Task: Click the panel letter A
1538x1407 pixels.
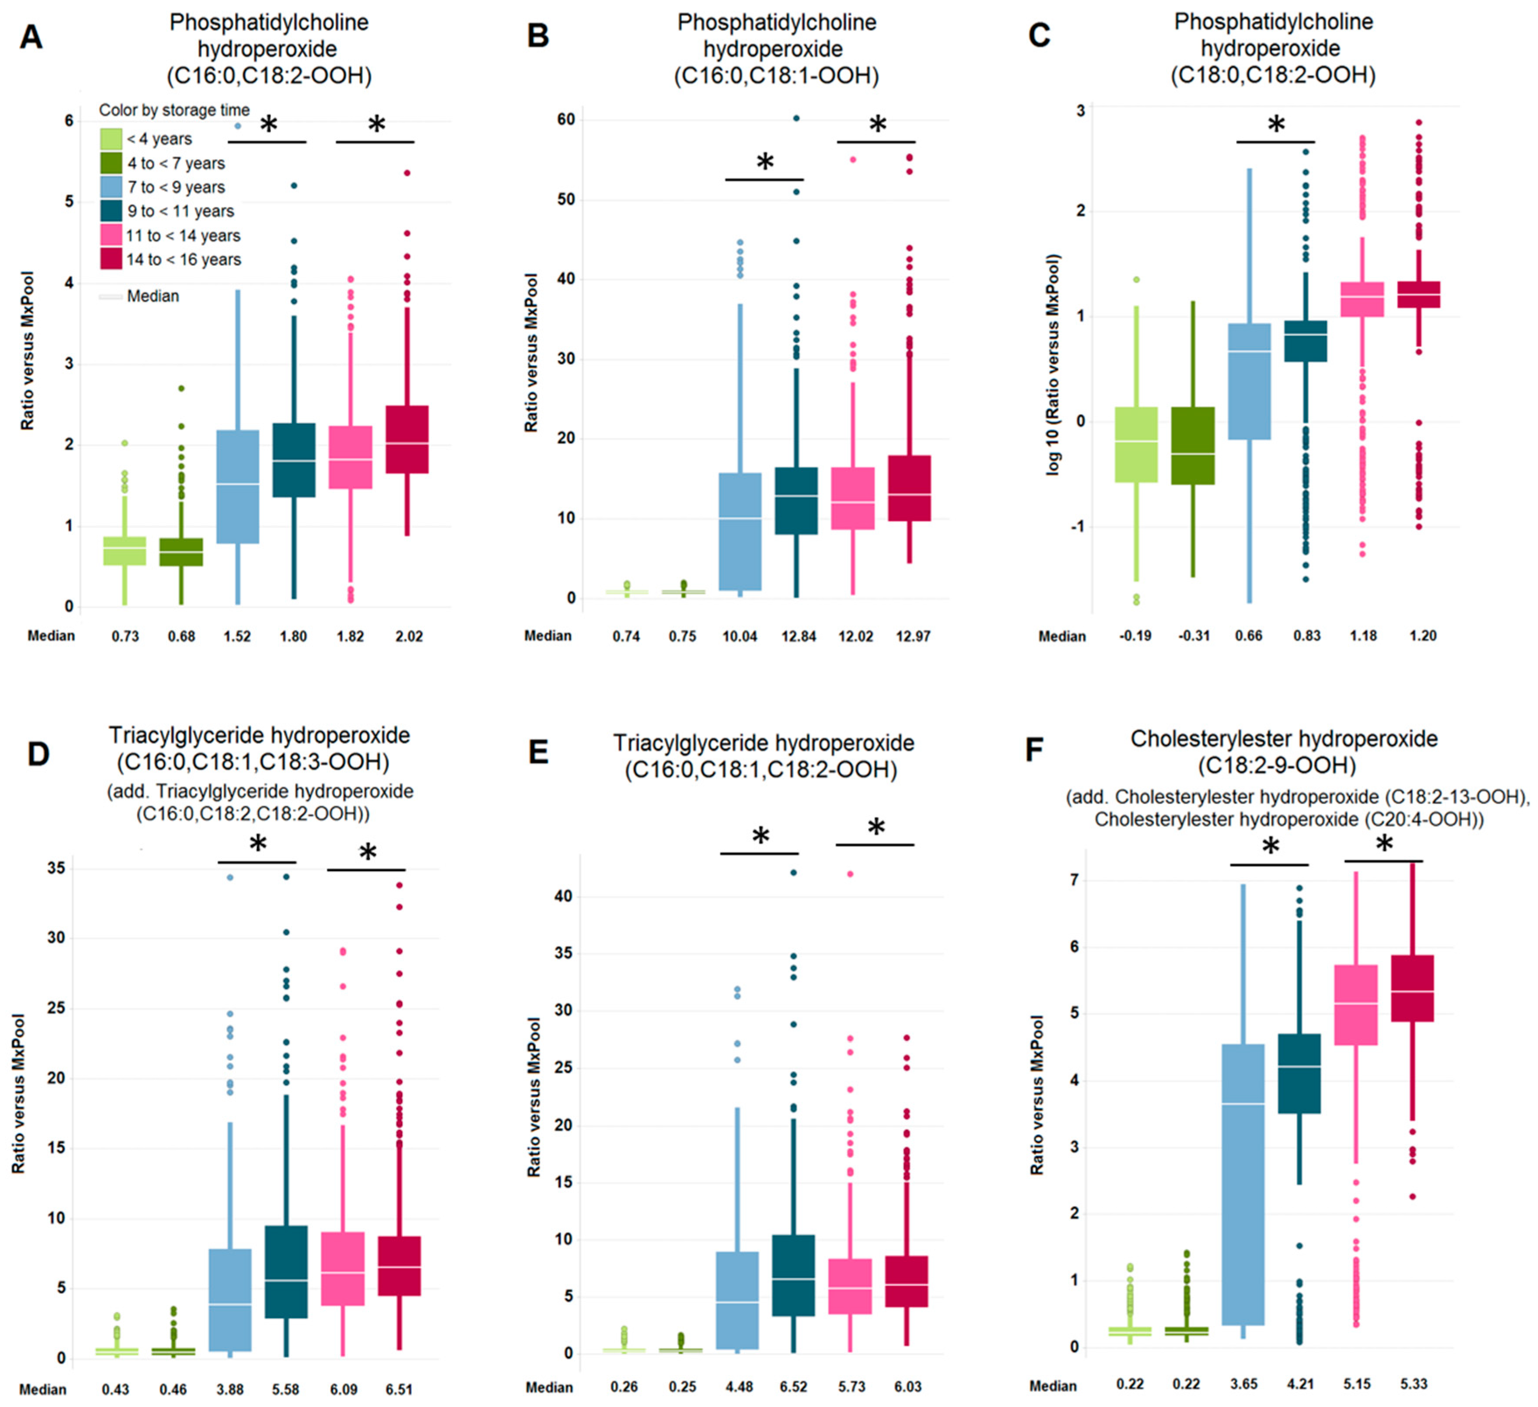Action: point(31,37)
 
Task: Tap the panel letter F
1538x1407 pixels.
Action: point(1034,750)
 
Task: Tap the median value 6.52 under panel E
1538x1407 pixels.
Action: point(793,1386)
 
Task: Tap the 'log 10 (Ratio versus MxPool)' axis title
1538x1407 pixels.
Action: point(1054,365)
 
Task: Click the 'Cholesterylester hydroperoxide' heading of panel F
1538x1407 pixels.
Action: point(1284,739)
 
